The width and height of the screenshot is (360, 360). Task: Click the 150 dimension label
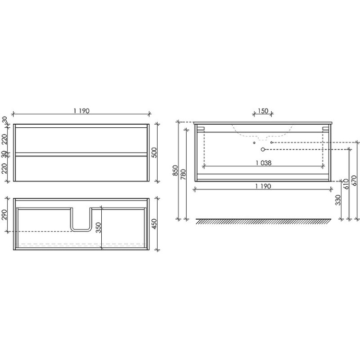click(262, 111)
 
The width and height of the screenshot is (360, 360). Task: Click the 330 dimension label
click(338, 199)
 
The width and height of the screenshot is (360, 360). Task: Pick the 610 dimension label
click(346, 183)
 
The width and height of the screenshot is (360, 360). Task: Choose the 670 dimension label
click(354, 180)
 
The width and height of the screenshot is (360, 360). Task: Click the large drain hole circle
click(263, 149)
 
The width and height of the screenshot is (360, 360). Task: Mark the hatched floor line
click(263, 221)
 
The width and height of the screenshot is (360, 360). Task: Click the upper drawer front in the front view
click(81, 140)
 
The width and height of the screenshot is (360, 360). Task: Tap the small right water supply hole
click(272, 142)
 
